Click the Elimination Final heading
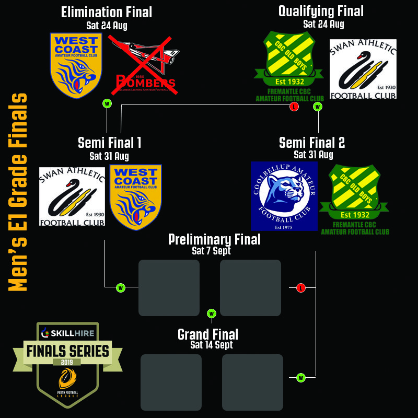click(x=107, y=12)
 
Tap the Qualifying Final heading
click(x=321, y=11)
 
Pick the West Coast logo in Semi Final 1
click(x=135, y=197)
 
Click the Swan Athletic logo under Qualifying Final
click(x=363, y=68)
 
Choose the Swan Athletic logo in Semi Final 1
click(x=72, y=196)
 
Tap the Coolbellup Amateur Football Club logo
click(x=284, y=196)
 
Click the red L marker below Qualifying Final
click(x=294, y=107)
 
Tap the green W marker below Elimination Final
click(x=107, y=103)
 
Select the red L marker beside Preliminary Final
click(x=300, y=287)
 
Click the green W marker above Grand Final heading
click(x=212, y=313)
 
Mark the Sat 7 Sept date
click(x=211, y=251)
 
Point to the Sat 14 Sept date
click(x=212, y=345)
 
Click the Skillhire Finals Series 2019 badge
click(x=68, y=365)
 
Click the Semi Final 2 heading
click(x=312, y=143)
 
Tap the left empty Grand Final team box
click(x=171, y=381)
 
